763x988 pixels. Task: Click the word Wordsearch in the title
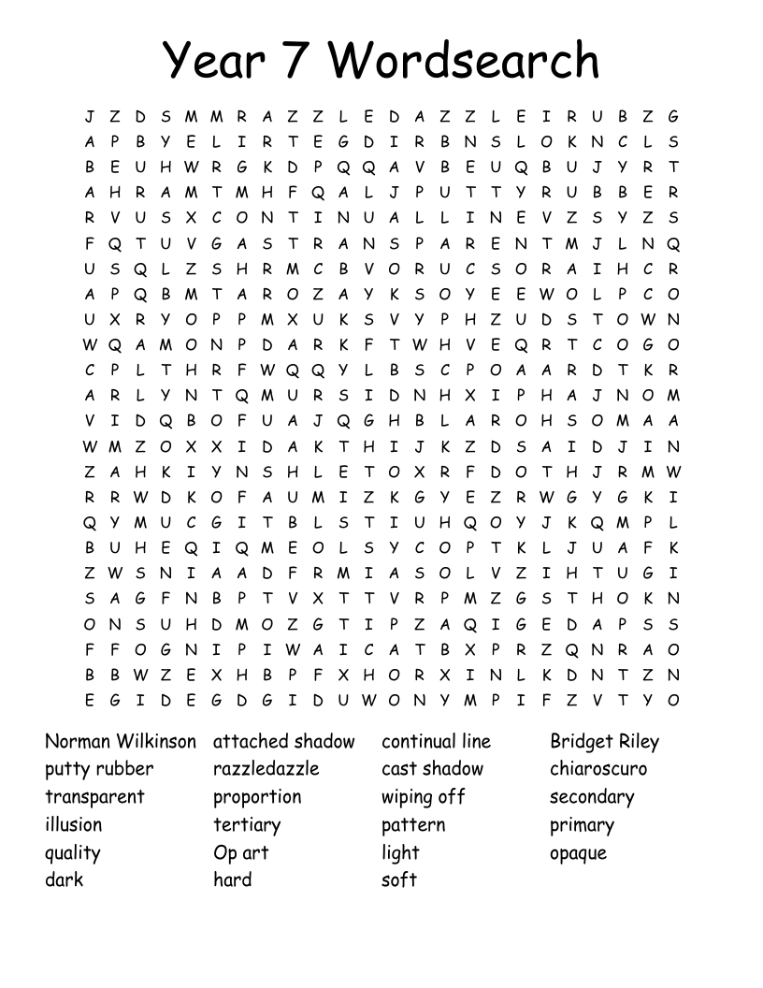click(x=464, y=61)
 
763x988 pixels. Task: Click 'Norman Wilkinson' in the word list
click(x=121, y=742)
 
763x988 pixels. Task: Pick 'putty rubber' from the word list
click(x=99, y=770)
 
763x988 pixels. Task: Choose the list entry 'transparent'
click(x=94, y=797)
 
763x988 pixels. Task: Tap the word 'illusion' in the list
click(x=74, y=825)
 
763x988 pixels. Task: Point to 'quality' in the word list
click(x=72, y=853)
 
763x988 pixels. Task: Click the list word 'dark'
click(x=64, y=879)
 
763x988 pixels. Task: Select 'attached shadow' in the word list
click(x=284, y=742)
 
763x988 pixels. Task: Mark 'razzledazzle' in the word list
click(x=266, y=769)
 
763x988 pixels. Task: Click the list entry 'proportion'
click(x=257, y=798)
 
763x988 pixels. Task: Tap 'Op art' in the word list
click(x=241, y=853)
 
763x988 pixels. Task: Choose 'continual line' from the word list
click(x=436, y=742)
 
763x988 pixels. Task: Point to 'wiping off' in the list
click(x=423, y=798)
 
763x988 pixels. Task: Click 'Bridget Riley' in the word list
click(x=604, y=743)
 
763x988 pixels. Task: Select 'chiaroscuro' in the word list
click(x=598, y=769)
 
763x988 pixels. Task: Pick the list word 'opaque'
click(x=578, y=853)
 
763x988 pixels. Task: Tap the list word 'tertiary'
click(x=247, y=825)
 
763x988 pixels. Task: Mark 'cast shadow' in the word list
click(x=432, y=769)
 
